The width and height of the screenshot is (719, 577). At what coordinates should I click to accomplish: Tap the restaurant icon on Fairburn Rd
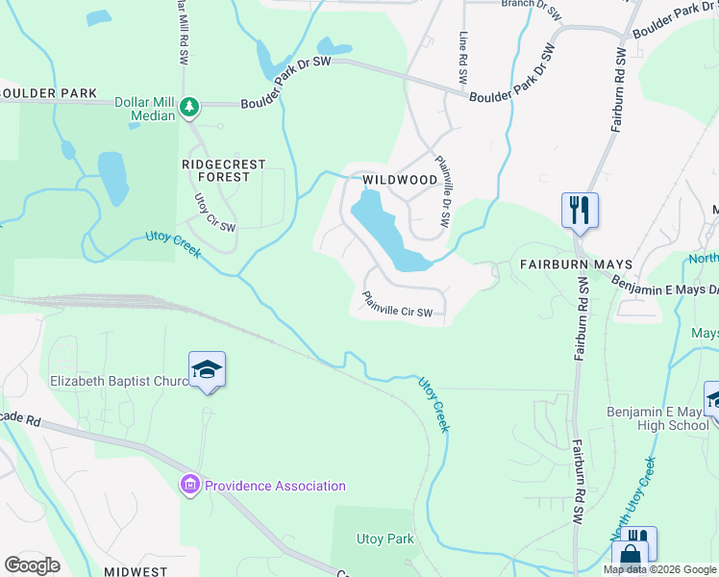click(x=580, y=209)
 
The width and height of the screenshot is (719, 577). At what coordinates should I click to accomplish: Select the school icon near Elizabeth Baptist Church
click(x=207, y=369)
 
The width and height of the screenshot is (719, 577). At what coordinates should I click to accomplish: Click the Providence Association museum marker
click(x=190, y=485)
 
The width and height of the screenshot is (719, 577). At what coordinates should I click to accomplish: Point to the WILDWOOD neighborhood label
click(x=400, y=180)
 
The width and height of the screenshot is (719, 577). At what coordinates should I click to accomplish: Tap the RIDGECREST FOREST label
click(x=223, y=170)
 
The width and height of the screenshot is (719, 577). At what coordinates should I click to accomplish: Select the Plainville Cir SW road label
click(x=397, y=305)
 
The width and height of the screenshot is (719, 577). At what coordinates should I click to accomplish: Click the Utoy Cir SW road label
click(x=215, y=213)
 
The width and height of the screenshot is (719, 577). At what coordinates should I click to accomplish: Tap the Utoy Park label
click(x=384, y=539)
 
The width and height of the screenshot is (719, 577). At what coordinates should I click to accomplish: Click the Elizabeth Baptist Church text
click(x=119, y=381)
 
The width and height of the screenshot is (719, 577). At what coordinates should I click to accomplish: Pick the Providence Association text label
click(x=274, y=486)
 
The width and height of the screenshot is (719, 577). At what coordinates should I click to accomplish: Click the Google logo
click(x=32, y=565)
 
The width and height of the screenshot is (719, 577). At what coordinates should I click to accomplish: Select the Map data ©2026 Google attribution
click(x=659, y=569)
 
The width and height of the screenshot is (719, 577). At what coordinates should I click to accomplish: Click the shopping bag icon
click(x=630, y=555)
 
